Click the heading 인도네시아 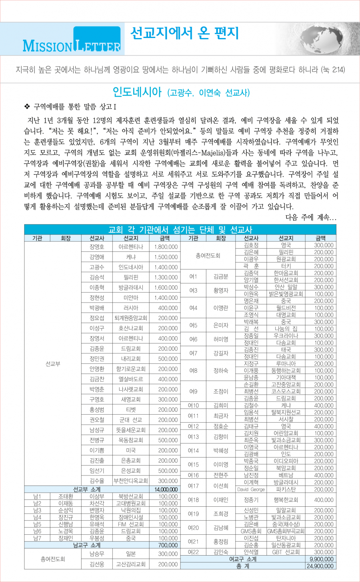(x=137, y=92)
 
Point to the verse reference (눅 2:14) (x=333, y=70)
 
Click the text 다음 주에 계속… (x=311, y=217)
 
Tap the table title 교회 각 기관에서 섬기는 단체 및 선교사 (x=180, y=230)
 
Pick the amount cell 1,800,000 (x=166, y=247)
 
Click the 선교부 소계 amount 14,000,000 (x=166, y=490)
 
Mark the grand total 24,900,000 (x=320, y=566)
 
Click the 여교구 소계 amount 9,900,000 (x=322, y=559)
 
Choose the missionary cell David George (x=251, y=490)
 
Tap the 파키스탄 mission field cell (x=286, y=490)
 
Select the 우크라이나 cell (x=286, y=336)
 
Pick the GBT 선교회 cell (x=286, y=552)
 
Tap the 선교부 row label (x=53, y=364)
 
